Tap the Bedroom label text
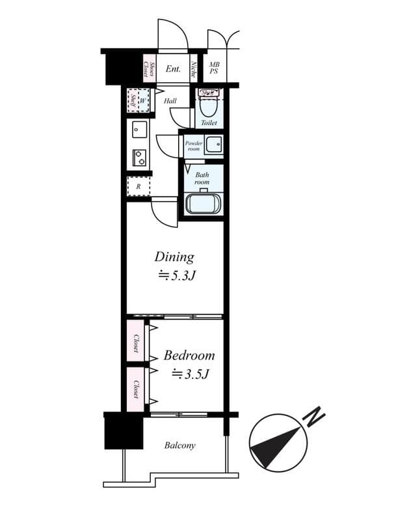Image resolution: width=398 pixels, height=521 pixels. coord(189,356)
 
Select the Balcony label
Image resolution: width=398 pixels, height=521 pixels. coord(179,445)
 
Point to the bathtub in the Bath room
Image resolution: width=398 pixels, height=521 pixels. coord(204,204)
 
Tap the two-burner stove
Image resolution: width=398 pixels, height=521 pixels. coord(139,157)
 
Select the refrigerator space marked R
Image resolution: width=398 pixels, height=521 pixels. coord(139,186)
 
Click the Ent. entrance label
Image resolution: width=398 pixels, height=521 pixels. coord(173,68)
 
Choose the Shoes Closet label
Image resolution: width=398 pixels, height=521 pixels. coord(149,68)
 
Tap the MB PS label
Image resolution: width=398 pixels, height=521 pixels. coord(214,68)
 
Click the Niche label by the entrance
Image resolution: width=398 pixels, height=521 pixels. coord(194,68)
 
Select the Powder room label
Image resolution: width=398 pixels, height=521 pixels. coord(193,145)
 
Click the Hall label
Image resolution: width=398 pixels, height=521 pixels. coord(170,101)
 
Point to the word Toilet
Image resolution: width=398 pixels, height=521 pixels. coord(209,122)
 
